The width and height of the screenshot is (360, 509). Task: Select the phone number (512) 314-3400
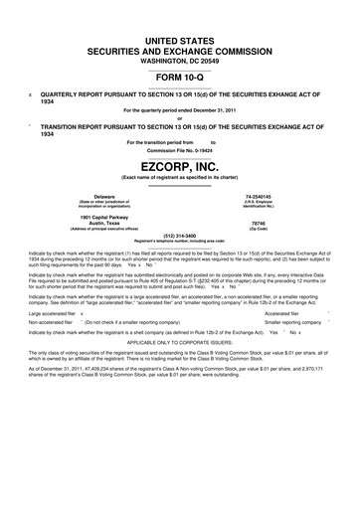(179, 236)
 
